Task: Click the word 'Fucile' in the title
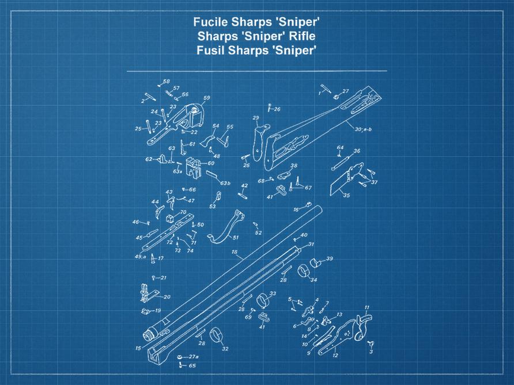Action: tap(209, 23)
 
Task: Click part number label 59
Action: tap(206, 98)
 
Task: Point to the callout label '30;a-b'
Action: tap(364, 129)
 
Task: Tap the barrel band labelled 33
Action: tap(264, 300)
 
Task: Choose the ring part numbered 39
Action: tap(316, 262)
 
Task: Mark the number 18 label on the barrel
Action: tap(234, 252)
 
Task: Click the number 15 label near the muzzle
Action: tap(138, 348)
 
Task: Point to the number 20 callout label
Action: tap(167, 297)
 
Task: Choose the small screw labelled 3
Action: tap(371, 345)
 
